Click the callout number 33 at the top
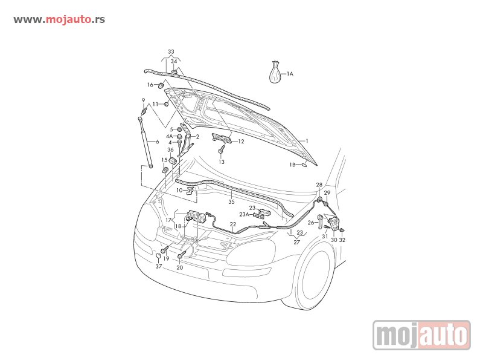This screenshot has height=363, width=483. (171, 52)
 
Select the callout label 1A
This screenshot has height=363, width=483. (290, 74)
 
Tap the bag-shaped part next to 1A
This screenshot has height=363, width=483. (275, 73)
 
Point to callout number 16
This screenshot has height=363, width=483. (150, 85)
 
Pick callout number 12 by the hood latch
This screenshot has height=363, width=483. (241, 142)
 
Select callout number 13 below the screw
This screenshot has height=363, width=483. (222, 162)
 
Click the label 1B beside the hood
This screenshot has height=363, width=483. (292, 165)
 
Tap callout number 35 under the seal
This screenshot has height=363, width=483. (231, 202)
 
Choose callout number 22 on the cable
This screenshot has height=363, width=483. (233, 224)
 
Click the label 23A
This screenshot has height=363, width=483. (245, 214)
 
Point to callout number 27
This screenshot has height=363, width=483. (296, 242)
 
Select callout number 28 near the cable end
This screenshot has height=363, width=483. (319, 185)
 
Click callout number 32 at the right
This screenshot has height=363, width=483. (342, 240)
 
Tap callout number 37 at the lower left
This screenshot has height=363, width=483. (159, 266)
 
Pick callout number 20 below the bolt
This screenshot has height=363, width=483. (180, 267)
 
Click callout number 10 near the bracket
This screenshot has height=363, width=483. (179, 190)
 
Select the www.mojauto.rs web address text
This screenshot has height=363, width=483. (59, 19)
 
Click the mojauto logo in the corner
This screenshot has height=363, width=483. (421, 335)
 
